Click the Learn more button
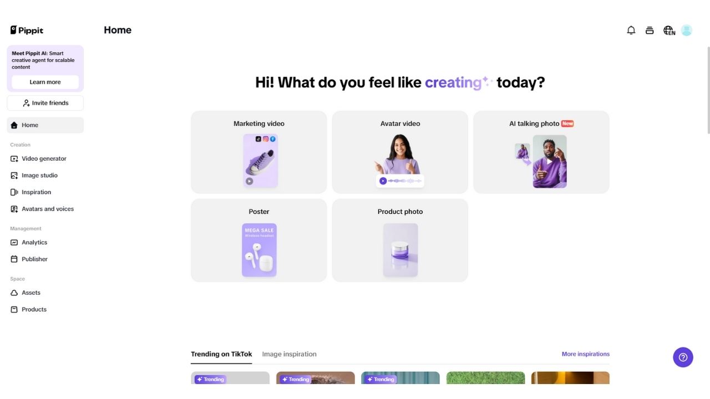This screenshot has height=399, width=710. click(x=45, y=82)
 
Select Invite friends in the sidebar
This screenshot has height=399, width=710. click(x=45, y=103)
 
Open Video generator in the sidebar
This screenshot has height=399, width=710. click(x=44, y=158)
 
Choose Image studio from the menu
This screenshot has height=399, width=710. click(x=39, y=175)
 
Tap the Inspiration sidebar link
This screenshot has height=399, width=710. click(x=36, y=192)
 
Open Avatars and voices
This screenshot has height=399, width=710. click(x=47, y=209)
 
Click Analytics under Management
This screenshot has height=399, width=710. click(x=34, y=242)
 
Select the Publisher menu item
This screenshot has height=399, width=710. click(x=34, y=259)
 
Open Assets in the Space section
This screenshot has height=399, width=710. click(x=31, y=293)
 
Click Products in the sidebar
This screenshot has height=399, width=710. click(x=34, y=309)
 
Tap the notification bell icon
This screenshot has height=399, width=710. click(x=631, y=30)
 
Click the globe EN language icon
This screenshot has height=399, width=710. click(x=669, y=30)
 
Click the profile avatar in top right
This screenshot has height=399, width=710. click(x=687, y=30)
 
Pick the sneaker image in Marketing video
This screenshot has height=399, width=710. click(x=260, y=161)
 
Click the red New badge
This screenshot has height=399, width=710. click(x=567, y=124)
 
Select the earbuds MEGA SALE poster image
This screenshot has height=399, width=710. click(x=259, y=250)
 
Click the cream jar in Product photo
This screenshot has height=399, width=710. click(x=400, y=250)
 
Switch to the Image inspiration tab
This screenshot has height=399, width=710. click(x=289, y=354)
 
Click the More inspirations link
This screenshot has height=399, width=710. click(x=585, y=354)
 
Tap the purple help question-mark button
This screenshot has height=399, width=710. click(x=683, y=357)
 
